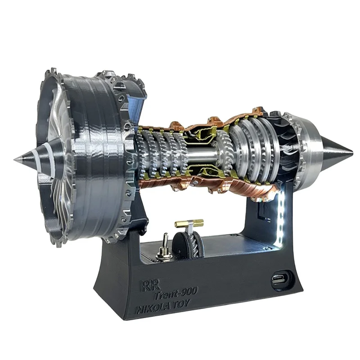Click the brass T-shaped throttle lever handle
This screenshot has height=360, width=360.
pos(189,223)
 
